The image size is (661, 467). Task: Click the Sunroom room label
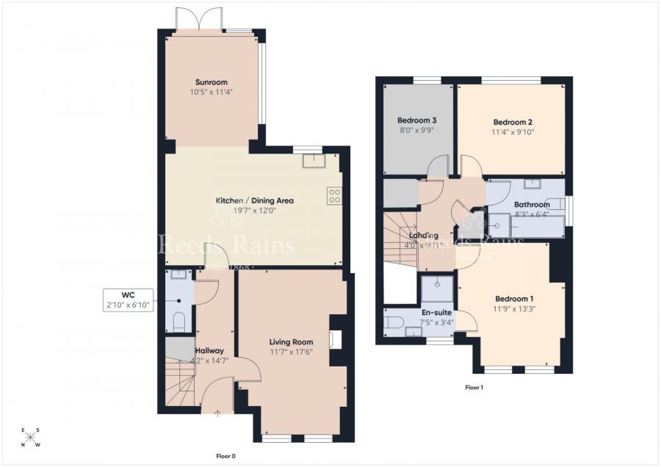coord(211,82)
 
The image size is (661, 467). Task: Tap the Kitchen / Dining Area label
coord(254,200)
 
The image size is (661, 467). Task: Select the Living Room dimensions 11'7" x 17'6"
coord(291,352)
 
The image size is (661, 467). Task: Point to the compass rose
coord(31,438)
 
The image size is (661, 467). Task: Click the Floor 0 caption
coord(225,456)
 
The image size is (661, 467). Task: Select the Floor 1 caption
coord(474,387)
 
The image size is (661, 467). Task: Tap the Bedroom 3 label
coord(417,120)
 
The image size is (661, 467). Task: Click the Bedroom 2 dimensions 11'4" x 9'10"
coord(513,132)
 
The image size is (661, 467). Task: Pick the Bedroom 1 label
coord(514,299)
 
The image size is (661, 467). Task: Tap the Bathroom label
coord(532,205)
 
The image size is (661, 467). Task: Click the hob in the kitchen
coord(333,195)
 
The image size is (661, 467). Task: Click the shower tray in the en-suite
coord(437,289)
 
